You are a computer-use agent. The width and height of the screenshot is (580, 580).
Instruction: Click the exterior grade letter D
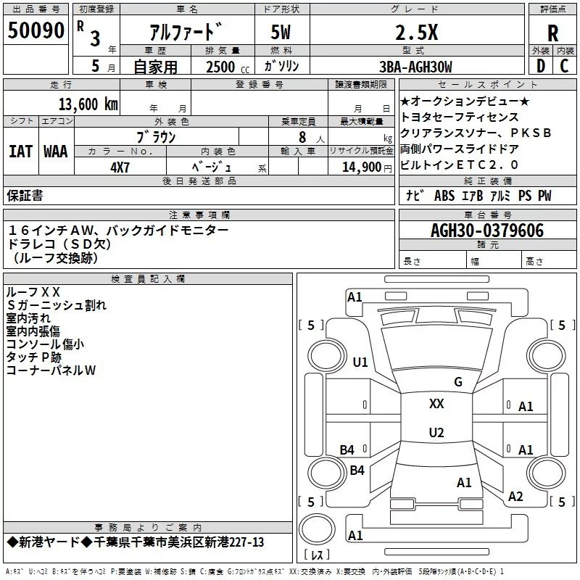click(540, 67)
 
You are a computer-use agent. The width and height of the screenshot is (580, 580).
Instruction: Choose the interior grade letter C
click(564, 67)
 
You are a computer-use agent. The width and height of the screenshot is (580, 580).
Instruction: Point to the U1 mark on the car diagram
click(360, 362)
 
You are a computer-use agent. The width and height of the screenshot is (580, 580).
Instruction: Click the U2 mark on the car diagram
click(436, 433)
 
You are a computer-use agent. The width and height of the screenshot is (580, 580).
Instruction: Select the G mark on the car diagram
click(457, 382)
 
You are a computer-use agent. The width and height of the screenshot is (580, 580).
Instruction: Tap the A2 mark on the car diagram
click(515, 497)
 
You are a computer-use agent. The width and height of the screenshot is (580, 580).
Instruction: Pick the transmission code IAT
click(20, 151)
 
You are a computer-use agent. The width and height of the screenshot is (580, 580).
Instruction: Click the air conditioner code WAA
click(56, 151)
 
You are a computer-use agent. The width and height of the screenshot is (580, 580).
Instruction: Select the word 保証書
click(25, 196)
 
